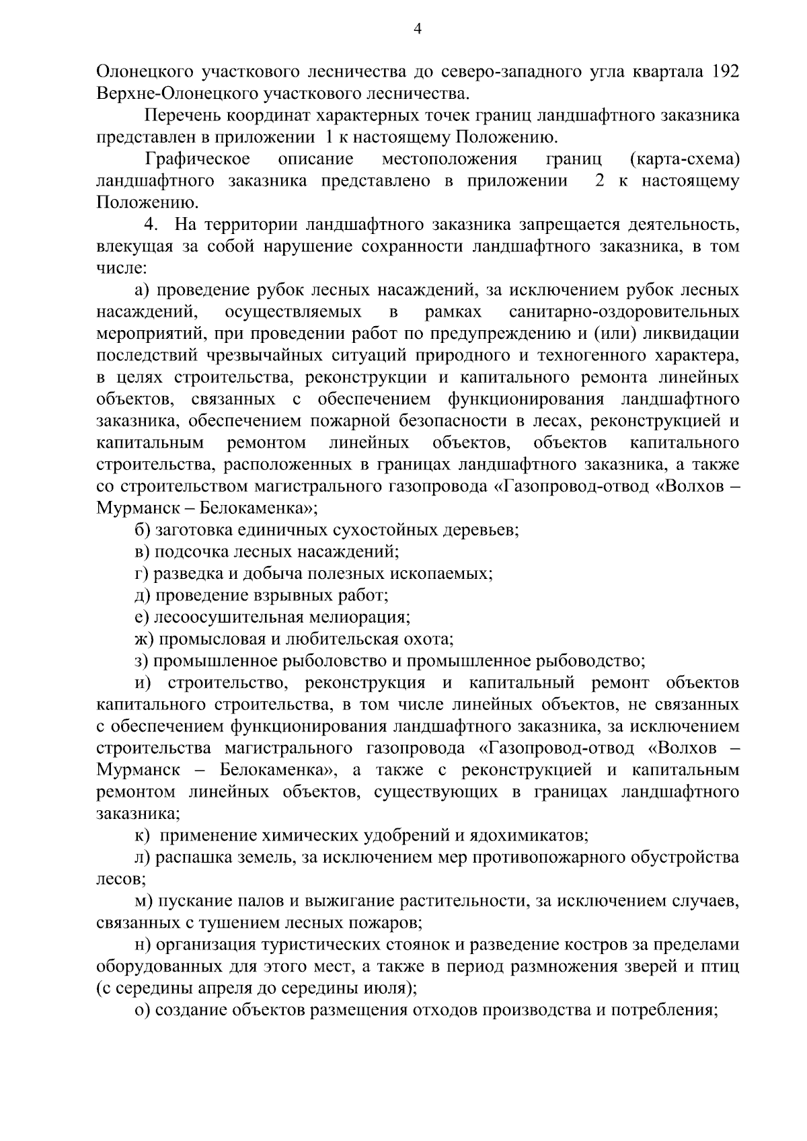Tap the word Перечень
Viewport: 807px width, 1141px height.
click(182, 115)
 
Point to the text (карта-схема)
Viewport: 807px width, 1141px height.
click(685, 159)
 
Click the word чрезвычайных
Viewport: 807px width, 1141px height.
click(277, 356)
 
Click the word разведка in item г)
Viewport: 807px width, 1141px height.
click(184, 574)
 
